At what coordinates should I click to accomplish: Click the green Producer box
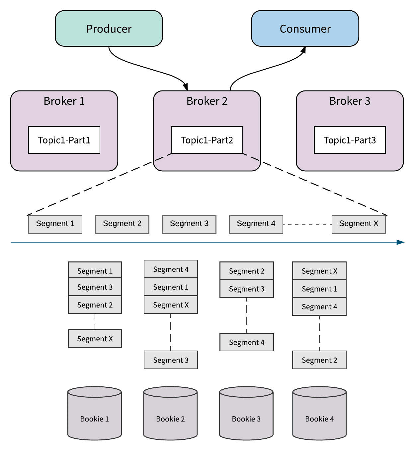109,28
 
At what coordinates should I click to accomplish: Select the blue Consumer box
305,28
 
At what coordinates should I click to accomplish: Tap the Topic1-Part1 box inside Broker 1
64,140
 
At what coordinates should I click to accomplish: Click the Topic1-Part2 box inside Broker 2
207,140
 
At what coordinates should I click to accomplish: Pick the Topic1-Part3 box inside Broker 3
350,140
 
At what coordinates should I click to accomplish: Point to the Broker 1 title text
64,101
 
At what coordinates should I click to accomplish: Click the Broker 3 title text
350,101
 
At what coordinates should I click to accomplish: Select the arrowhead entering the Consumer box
303,50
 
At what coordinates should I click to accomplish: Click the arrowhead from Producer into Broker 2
186,87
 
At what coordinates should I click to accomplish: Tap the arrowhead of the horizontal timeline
401,242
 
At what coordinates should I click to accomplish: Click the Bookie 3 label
246,419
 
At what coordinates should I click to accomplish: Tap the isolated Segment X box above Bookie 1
95,338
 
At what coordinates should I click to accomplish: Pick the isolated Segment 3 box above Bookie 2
171,360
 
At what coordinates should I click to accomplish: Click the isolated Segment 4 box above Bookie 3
247,342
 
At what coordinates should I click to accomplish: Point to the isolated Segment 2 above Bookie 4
319,360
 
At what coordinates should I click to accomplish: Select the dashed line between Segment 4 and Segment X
307,224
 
